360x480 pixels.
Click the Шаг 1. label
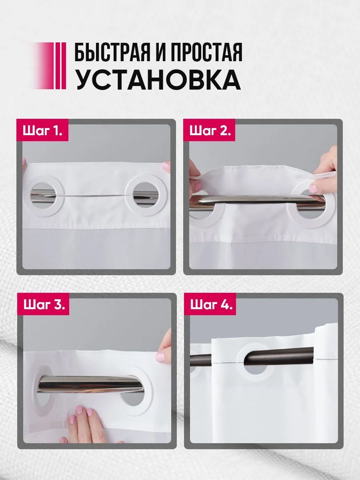(x=42, y=131)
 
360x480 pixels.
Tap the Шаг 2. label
(x=210, y=131)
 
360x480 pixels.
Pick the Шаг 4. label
(x=211, y=304)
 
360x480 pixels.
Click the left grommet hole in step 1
(x=45, y=195)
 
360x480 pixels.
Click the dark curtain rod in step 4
(x=271, y=358)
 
